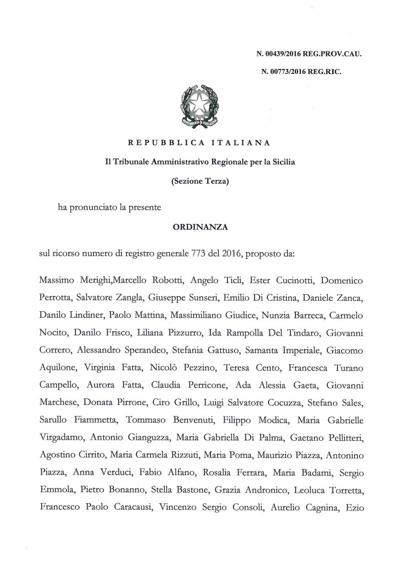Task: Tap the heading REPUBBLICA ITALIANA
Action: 199,144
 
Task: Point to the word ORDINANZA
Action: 199,227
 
